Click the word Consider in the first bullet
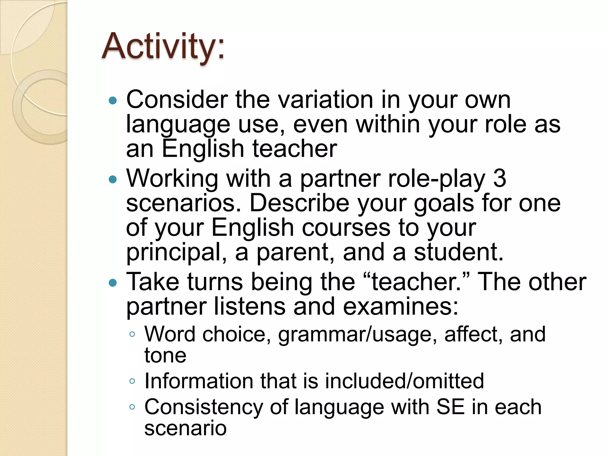pos(177,100)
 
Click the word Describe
pos(299,203)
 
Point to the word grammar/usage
pos(357,335)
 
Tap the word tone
pos(165,355)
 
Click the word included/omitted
pos(404,381)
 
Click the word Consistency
pos(203,408)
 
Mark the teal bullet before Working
pos(113,179)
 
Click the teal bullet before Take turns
pos(113,282)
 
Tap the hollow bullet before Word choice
pos(132,335)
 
